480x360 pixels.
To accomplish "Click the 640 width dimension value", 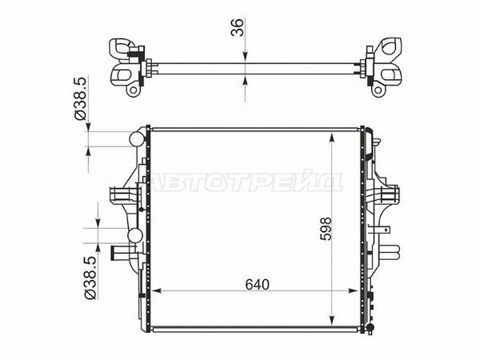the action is coord(257,285).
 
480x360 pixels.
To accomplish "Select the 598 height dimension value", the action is coord(326,229).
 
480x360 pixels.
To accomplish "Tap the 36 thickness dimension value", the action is coord(238,27).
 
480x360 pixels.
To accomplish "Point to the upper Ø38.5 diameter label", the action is coord(81,98).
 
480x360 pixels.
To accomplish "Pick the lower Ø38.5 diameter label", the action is coord(90,278).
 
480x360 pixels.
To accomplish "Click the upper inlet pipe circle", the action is coord(137,139).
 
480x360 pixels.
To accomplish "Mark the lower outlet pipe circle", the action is coord(135,235).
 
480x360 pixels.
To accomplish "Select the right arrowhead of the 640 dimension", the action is coord(354,290).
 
